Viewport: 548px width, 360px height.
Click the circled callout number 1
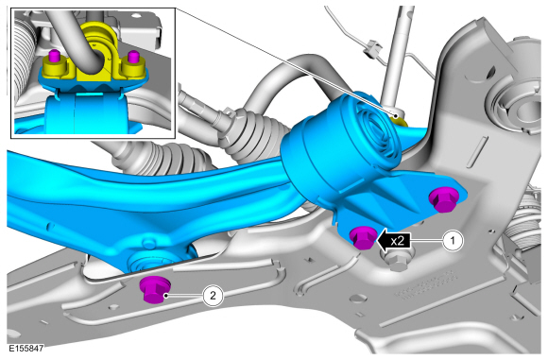[x=454, y=241]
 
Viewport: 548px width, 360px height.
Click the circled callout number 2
[x=213, y=296]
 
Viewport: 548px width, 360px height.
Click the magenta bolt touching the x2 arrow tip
[x=364, y=237]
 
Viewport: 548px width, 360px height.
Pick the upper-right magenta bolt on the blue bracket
[x=442, y=198]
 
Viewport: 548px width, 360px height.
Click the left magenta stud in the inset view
[x=54, y=56]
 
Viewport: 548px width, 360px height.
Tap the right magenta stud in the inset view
[x=133, y=57]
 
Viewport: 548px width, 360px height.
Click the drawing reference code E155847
[x=26, y=348]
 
